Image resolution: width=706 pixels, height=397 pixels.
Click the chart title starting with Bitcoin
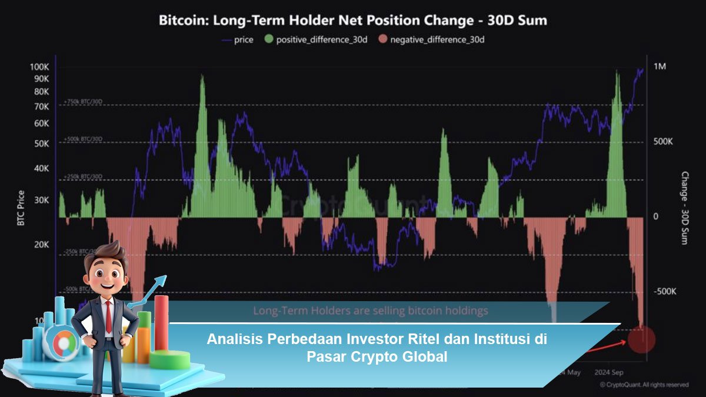click(353, 20)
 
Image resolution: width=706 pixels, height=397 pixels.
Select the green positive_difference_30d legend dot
click(269, 40)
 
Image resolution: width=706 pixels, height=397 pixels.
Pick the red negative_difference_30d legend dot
click(383, 40)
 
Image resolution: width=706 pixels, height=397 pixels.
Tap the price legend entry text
click(243, 40)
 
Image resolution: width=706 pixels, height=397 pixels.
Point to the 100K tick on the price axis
click(39, 66)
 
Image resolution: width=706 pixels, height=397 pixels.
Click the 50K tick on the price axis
click(41, 144)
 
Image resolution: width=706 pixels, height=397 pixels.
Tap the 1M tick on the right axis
click(660, 66)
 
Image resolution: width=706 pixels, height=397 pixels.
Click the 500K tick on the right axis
click(663, 142)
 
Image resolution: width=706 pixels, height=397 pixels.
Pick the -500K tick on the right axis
click(665, 292)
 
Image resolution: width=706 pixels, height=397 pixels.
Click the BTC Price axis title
click(21, 208)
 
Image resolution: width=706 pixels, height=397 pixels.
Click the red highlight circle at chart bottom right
click(641, 339)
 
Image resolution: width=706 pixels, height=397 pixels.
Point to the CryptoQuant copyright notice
click(644, 385)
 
